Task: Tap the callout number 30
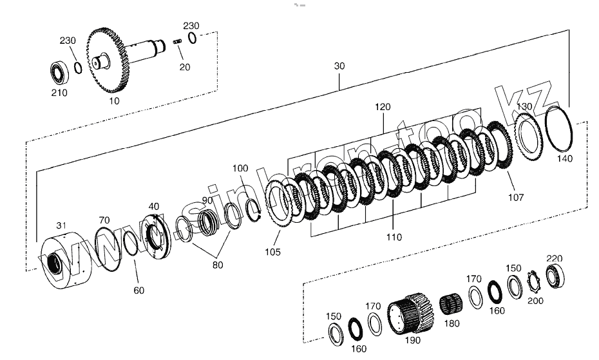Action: (339, 66)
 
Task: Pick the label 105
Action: (272, 252)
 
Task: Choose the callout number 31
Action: (61, 225)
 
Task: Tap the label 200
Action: (535, 300)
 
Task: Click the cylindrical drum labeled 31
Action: (64, 261)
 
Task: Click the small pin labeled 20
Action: (178, 43)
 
